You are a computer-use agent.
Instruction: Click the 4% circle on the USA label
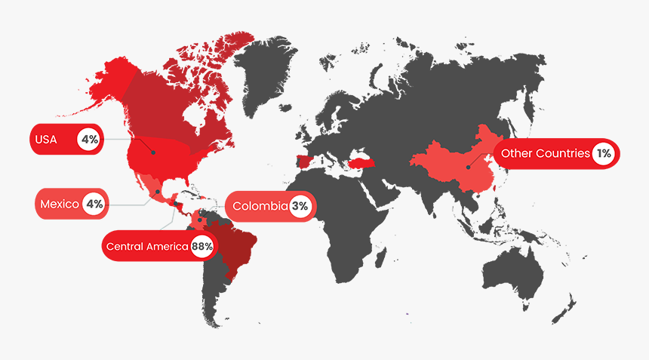[90, 140]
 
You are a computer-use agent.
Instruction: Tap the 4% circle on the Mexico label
[94, 204]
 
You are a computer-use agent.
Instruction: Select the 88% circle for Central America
[202, 246]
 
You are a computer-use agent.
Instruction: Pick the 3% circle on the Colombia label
[300, 205]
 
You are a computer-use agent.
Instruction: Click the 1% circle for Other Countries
[603, 153]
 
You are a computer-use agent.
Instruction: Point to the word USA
[46, 140]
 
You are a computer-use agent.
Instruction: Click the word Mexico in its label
[59, 204]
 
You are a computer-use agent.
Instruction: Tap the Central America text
[147, 246]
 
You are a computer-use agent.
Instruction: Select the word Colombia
[260, 205]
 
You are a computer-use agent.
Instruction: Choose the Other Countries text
[545, 153]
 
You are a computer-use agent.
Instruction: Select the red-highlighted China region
[453, 158]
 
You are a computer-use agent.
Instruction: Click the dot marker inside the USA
[153, 152]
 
